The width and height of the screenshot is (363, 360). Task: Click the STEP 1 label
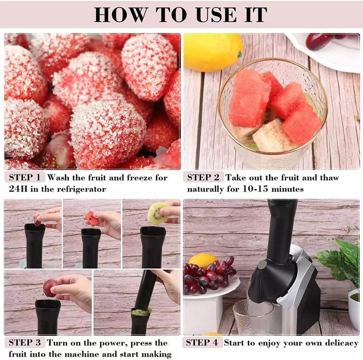25,177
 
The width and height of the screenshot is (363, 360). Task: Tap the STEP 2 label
203,177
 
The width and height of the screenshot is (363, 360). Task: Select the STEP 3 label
25,342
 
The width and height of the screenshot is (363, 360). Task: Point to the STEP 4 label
202,342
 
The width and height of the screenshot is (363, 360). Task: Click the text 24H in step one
18,189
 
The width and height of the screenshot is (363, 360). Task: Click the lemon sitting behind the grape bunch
203,261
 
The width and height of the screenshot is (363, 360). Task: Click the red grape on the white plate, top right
317,42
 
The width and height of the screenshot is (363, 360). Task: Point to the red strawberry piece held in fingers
92,219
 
